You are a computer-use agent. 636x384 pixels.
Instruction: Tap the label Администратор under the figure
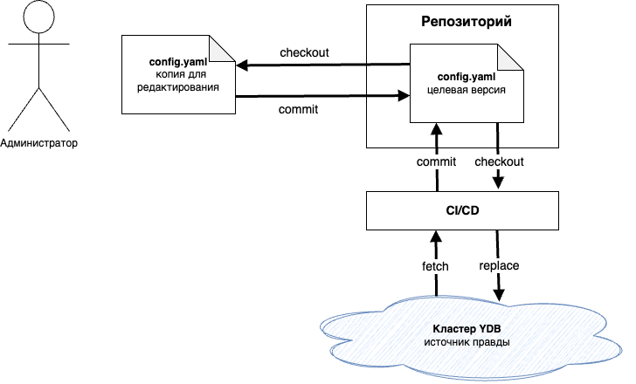click(38, 143)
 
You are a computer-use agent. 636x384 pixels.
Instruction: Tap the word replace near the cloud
click(498, 264)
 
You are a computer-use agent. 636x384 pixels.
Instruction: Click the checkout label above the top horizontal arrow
click(304, 52)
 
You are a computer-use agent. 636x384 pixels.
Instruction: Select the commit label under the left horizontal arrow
click(298, 110)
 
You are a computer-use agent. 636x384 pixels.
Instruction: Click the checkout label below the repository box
click(499, 162)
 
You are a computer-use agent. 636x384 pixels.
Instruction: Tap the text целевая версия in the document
click(467, 90)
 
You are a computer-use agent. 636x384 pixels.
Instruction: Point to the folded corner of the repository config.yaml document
click(514, 56)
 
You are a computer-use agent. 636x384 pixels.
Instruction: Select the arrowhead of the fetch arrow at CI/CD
click(436, 235)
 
